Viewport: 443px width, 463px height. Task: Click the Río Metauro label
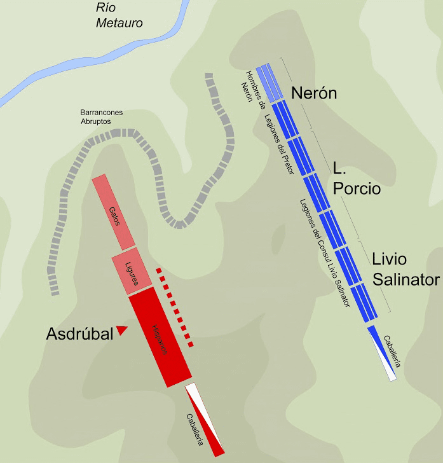[x=119, y=16]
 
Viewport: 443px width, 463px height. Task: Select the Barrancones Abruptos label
[x=102, y=116]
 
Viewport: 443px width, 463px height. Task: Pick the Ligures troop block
[x=132, y=272]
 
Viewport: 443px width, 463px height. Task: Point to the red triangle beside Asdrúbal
[x=122, y=330]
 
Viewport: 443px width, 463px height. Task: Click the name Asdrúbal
[x=79, y=333]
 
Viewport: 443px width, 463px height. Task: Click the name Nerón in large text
[x=314, y=93]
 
